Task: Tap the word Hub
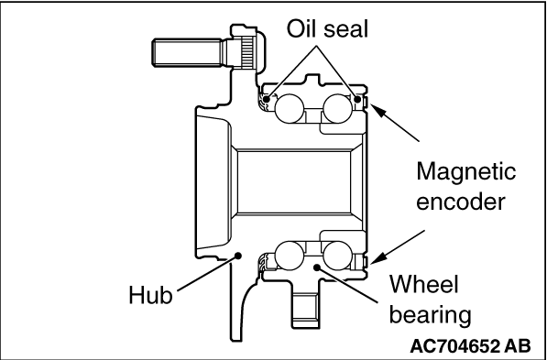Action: tap(150, 295)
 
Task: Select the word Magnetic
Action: tap(466, 171)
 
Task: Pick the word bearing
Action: tap(430, 316)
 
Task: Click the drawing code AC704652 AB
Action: tap(470, 346)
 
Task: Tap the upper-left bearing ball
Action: tap(290, 108)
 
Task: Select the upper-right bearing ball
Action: tap(337, 108)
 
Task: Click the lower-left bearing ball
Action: tap(290, 256)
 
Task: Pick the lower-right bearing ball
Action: tap(337, 256)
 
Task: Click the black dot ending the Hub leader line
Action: tap(238, 256)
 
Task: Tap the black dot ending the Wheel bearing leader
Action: tap(317, 267)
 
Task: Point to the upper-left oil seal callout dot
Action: tap(267, 100)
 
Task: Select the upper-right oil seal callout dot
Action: tap(357, 100)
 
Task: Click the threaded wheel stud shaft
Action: tap(186, 52)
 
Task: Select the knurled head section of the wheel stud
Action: tap(246, 52)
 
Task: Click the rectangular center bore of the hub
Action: tap(294, 181)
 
